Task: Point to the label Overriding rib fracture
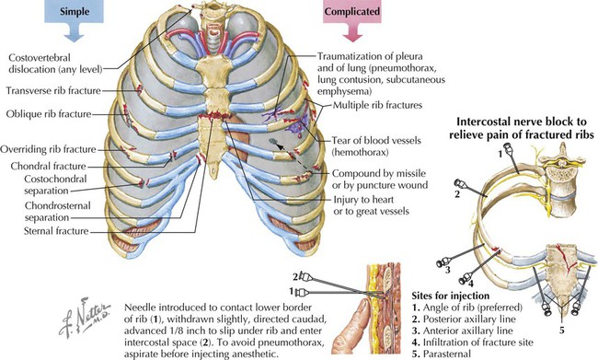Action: (x=52, y=147)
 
